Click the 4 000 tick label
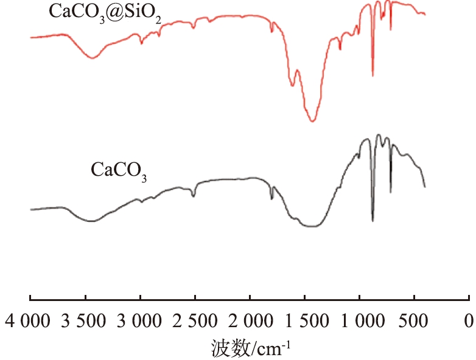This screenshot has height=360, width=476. click(29, 320)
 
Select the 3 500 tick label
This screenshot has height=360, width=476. click(85, 320)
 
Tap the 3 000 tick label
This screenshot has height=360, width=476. click(140, 320)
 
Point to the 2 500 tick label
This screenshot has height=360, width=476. click(195, 320)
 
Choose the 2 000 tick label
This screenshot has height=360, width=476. click(250, 320)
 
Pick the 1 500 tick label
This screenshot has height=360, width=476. click(304, 320)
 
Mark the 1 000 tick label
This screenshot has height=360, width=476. click(359, 320)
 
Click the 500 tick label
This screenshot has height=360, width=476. click(414, 320)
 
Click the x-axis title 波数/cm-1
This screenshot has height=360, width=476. click(251, 347)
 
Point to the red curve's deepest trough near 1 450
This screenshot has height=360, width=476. click(312, 121)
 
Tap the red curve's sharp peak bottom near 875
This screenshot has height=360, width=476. click(373, 76)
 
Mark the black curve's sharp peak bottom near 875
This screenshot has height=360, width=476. click(373, 221)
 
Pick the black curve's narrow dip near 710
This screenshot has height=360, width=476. click(391, 192)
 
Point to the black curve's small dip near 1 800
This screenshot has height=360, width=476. click(272, 198)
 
